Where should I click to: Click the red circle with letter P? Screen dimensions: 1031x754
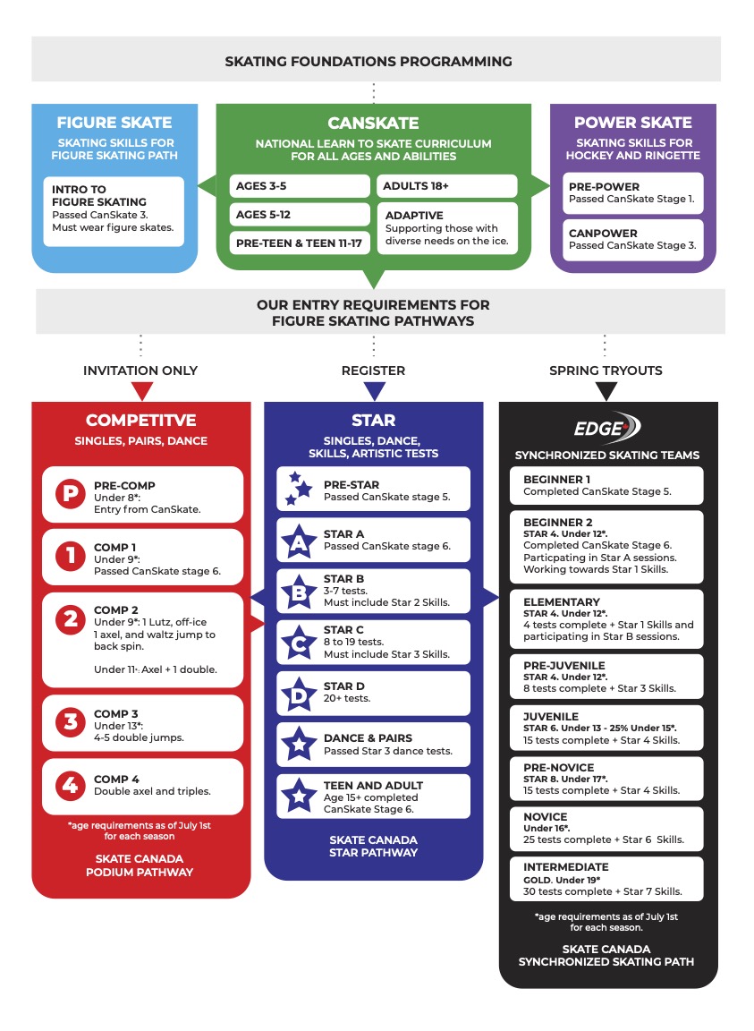tap(70, 494)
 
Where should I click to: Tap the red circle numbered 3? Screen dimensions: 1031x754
tap(70, 721)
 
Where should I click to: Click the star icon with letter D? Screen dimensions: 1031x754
tap(297, 693)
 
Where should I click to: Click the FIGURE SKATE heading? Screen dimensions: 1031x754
tap(114, 123)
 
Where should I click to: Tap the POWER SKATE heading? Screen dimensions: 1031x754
tap(632, 123)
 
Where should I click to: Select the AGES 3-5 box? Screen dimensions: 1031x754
tap(299, 187)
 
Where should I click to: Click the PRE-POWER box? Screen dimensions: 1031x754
tap(632, 193)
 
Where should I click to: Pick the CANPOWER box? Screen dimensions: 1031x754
tap(632, 239)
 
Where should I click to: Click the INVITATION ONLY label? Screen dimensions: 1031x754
tap(140, 371)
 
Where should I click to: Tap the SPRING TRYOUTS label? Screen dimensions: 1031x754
tap(606, 371)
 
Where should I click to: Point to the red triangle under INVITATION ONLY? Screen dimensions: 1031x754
tap(141, 392)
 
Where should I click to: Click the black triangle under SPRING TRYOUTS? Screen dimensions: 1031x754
tap(606, 392)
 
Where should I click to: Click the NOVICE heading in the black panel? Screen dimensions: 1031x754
tap(546, 817)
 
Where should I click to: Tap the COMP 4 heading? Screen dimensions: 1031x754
tap(117, 780)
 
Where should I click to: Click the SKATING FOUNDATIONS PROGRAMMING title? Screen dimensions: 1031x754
tap(369, 62)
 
